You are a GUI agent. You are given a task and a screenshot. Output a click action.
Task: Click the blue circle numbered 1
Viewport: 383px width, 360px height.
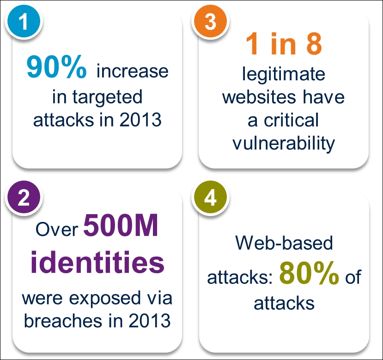tap(24, 21)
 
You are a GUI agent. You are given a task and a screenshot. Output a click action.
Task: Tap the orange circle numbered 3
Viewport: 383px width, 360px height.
tap(210, 21)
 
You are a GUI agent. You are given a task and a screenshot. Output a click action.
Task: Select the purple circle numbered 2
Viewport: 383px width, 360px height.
tap(24, 197)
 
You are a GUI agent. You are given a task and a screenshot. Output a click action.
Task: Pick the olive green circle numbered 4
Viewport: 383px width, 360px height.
tap(210, 197)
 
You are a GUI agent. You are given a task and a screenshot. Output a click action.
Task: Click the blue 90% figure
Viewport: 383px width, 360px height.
tap(56, 66)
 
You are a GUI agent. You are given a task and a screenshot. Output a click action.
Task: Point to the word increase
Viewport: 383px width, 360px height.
tap(133, 71)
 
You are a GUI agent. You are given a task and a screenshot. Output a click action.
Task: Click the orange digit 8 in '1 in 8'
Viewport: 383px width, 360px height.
tap(314, 43)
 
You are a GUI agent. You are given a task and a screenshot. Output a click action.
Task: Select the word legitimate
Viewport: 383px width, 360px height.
tap(284, 74)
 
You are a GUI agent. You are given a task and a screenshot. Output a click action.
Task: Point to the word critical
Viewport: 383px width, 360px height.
tap(291, 120)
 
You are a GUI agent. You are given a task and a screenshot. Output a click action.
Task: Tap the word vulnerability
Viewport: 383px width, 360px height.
tap(284, 144)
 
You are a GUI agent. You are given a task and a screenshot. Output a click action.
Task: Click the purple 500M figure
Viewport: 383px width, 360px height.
tap(121, 225)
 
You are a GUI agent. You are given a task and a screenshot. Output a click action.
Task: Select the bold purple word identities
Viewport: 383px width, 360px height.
tap(97, 261)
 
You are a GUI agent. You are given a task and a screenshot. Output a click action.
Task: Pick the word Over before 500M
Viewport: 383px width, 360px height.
tap(57, 229)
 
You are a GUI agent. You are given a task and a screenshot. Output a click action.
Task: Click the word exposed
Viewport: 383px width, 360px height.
tap(105, 299)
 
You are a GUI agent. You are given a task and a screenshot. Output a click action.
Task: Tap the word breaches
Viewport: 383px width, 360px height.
tap(63, 320)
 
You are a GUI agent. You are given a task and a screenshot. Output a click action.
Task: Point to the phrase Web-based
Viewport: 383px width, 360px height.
tap(284, 243)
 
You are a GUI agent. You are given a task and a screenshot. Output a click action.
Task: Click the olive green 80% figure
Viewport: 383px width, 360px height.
tap(309, 273)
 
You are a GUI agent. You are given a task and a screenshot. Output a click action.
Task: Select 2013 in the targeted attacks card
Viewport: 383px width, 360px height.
tap(140, 120)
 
